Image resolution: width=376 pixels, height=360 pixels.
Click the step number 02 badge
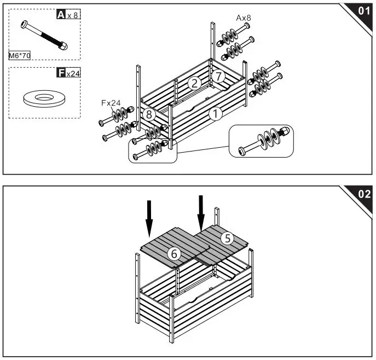tap(363, 194)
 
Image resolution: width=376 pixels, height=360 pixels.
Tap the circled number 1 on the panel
tap(216, 114)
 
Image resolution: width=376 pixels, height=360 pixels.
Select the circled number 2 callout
tap(193, 83)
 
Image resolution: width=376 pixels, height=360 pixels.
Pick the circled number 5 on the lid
tap(228, 237)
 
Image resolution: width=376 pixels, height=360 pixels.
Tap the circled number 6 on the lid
tap(174, 253)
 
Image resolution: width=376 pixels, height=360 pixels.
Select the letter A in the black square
tap(61, 15)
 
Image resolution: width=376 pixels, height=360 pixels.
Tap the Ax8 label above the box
tap(244, 18)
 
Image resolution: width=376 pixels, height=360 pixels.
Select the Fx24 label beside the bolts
tap(111, 102)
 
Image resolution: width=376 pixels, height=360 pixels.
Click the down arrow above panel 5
tap(201, 212)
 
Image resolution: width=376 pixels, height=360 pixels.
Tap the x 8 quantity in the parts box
tap(73, 15)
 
